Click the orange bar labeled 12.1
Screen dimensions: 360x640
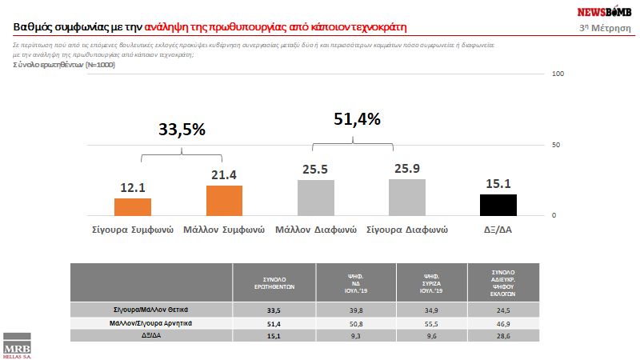(x=133, y=207)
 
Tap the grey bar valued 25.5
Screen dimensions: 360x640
(x=315, y=198)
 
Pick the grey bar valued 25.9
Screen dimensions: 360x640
(x=406, y=198)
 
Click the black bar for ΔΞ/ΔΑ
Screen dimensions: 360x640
(x=498, y=205)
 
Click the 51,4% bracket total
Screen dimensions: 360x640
(x=355, y=119)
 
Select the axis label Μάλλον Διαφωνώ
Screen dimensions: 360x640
(x=315, y=229)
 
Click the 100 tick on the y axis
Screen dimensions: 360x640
(x=558, y=74)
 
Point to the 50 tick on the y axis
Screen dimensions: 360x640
(x=559, y=145)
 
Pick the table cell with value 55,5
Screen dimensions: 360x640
(x=429, y=322)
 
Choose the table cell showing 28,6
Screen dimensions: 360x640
(x=502, y=336)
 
